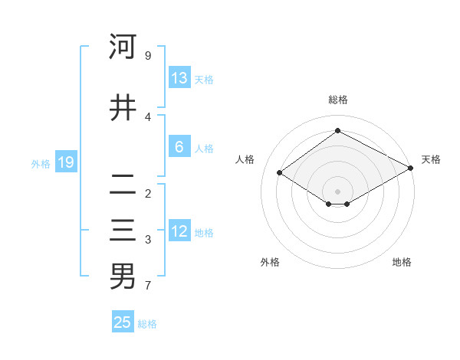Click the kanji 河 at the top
123,47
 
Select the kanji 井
123,108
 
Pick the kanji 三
123,231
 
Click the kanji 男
123,277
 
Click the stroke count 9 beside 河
147,56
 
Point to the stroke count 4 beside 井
147,116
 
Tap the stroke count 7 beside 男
147,286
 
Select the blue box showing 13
179,78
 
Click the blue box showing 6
179,147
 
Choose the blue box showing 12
179,231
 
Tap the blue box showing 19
65,162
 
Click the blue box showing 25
123,322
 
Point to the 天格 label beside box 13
204,80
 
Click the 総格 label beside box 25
147,324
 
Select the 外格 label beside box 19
41,163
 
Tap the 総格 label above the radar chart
337,100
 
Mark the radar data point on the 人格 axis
280,173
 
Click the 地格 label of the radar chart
402,263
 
